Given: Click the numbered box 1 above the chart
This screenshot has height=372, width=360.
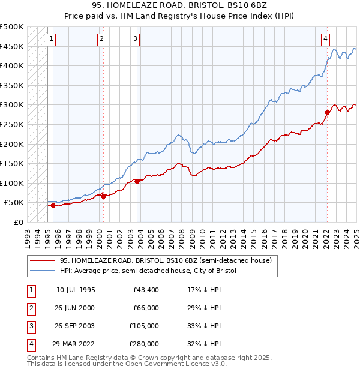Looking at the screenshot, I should [x=52, y=40].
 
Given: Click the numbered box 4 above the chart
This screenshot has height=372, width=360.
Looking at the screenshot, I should [x=325, y=40].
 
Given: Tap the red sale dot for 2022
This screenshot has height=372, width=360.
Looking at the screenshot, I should [x=327, y=112].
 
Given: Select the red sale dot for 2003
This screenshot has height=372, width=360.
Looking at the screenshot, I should [x=137, y=181].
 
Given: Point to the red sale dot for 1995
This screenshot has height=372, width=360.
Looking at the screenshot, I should [x=53, y=205].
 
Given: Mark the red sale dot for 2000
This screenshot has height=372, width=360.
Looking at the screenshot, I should [x=103, y=196].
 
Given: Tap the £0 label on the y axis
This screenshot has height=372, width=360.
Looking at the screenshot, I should [x=18, y=222].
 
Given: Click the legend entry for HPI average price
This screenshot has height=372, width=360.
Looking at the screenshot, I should [x=148, y=271].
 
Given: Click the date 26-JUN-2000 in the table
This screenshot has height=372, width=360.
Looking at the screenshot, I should [x=76, y=308].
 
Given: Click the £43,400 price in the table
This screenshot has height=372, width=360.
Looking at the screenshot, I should [x=146, y=290].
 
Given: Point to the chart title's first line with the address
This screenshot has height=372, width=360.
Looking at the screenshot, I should [x=179, y=7].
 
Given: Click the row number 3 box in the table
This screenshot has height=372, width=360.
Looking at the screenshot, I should [x=30, y=326].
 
